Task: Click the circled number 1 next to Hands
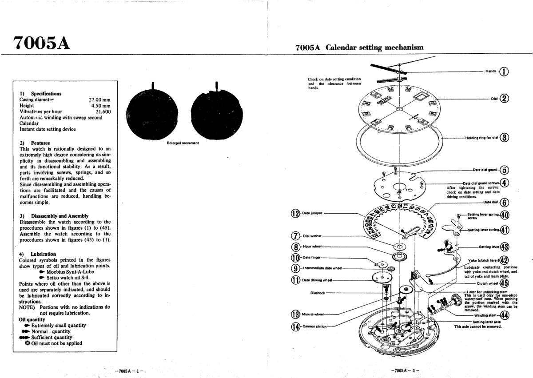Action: coord(504,72)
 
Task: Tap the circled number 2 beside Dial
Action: coord(504,99)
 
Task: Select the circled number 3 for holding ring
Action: coord(504,137)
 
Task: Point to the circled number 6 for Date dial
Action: coord(505,202)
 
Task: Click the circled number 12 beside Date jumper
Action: coord(295,213)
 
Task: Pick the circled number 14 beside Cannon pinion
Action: coord(295,326)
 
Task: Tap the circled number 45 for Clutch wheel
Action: coord(504,283)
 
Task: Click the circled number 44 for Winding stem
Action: coord(505,315)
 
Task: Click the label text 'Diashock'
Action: coord(318,293)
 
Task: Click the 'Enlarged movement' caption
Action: coord(183,143)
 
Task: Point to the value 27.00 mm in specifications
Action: coord(99,100)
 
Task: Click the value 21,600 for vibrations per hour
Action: coord(103,111)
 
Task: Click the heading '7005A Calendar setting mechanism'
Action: coord(359,48)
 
